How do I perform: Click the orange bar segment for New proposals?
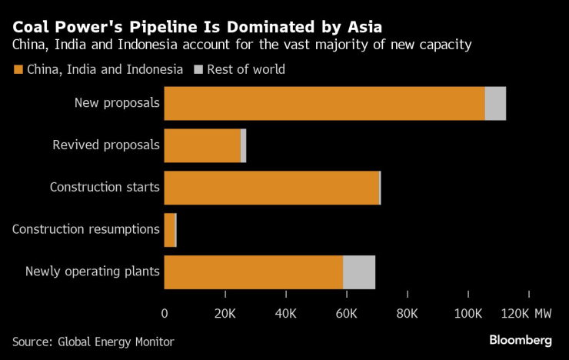coord(324,103)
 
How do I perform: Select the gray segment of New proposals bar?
coord(495,103)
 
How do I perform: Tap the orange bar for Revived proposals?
coord(202,145)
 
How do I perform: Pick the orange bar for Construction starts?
coord(271,187)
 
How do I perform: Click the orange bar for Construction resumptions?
coord(170,229)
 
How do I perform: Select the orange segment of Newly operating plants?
coord(253,272)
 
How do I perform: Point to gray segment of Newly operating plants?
coord(359,272)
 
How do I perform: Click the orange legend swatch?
coord(18,70)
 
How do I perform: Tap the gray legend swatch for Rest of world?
coord(198,70)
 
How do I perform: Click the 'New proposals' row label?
coord(117,103)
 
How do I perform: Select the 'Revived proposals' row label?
coord(106,145)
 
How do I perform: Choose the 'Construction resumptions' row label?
coord(86,229)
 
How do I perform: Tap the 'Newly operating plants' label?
coord(92,272)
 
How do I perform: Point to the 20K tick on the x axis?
coord(225,314)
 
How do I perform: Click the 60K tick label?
coord(347,314)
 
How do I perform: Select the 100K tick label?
coord(468,314)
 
